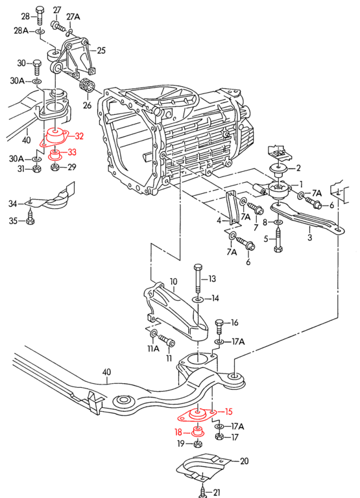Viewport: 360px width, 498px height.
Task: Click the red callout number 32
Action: click(79, 136)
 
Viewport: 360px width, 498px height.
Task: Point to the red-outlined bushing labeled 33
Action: click(56, 154)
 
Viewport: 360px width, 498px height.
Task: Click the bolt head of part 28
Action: click(40, 10)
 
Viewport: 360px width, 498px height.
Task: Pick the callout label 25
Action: click(101, 49)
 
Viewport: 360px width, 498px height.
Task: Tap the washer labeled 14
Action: click(198, 299)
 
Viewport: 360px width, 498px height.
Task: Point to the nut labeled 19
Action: click(198, 444)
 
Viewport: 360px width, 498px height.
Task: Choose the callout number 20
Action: click(244, 462)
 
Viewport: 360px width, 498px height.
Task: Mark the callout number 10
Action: click(173, 281)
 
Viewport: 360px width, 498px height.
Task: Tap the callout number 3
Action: click(309, 238)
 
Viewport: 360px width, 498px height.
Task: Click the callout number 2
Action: click(299, 168)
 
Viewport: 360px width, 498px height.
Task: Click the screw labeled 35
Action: click(30, 220)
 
